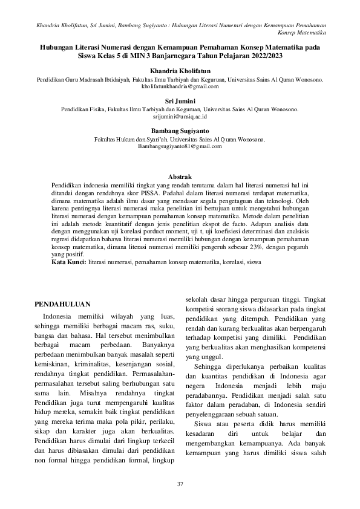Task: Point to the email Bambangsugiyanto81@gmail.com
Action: tap(180, 146)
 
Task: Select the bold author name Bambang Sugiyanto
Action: tap(180, 130)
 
